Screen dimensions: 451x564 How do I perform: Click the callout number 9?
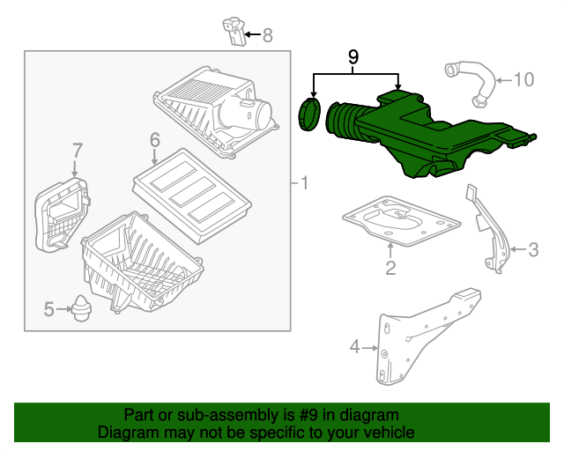point(353,57)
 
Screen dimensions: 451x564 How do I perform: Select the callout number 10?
point(523,80)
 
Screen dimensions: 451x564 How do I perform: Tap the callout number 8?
point(268,36)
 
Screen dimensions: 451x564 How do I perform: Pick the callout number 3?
point(532,250)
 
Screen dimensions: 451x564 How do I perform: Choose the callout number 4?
point(355,347)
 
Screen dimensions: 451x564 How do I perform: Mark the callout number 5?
point(49,308)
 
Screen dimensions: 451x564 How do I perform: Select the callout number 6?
point(154,140)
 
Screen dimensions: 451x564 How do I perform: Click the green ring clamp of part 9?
point(310,115)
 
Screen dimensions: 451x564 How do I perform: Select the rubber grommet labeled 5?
point(84,310)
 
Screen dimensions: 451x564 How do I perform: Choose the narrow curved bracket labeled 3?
point(489,229)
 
